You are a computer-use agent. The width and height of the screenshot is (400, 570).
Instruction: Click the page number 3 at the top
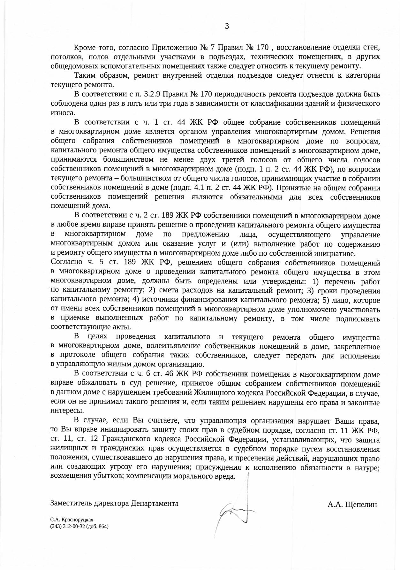tap(227, 26)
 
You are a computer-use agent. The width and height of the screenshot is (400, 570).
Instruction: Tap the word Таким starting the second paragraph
tap(83, 76)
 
